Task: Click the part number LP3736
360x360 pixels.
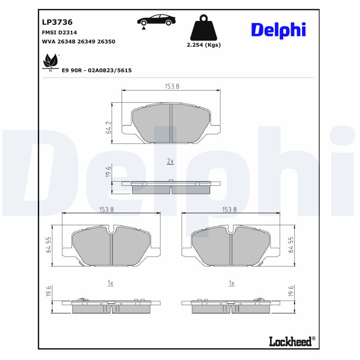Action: pos(57,22)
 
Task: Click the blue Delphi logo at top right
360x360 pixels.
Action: pos(278,30)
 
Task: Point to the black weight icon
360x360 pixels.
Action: pos(203,28)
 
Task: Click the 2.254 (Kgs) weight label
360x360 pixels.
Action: pos(203,45)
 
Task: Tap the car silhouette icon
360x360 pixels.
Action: pos(156,21)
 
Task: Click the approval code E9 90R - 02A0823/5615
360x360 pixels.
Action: pos(96,71)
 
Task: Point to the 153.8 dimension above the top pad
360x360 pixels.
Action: pos(171,86)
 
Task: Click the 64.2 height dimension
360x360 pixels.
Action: pos(108,128)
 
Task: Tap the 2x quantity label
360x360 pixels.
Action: pos(170,161)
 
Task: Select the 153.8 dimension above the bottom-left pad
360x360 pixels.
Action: pos(106,209)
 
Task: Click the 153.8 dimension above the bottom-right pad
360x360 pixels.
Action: pos(229,209)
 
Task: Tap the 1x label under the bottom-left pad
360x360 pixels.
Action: pos(110,283)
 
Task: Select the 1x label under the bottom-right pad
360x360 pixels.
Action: pos(231,283)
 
